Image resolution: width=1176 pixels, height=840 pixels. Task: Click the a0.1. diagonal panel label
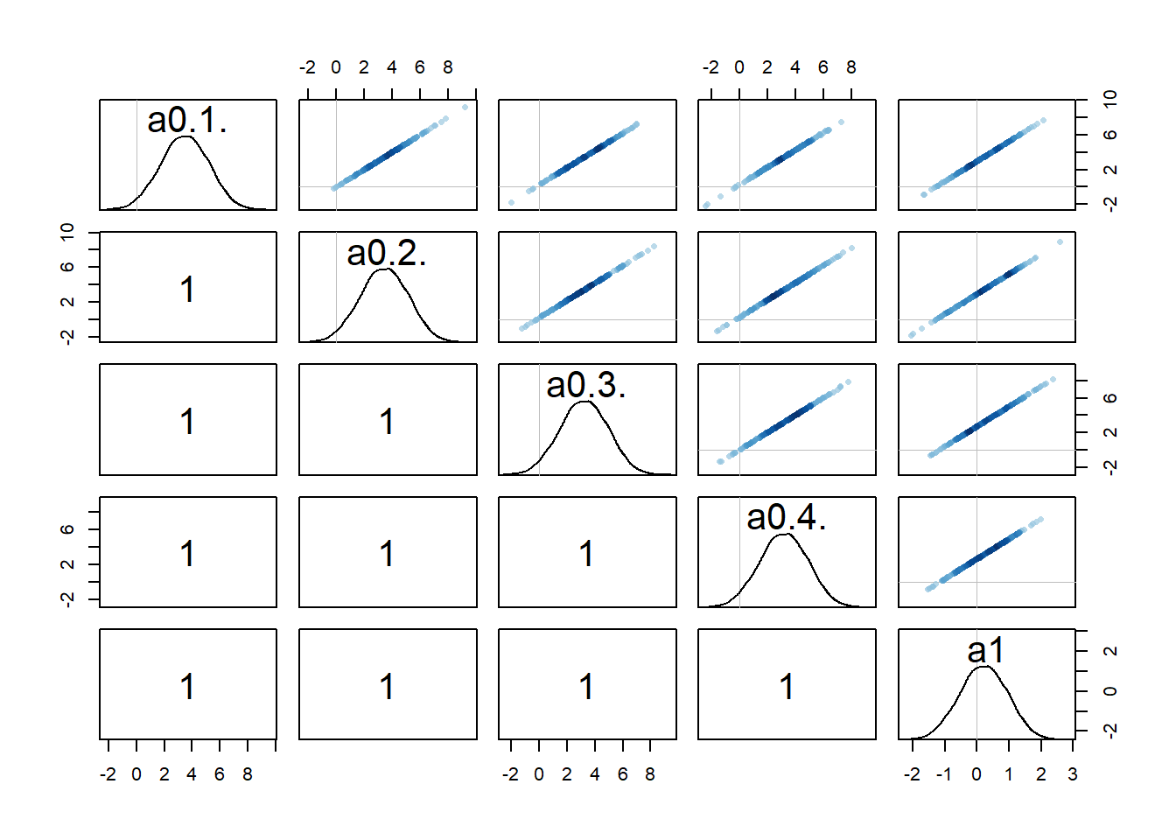point(187,121)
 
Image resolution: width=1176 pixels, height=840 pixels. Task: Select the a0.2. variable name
point(387,254)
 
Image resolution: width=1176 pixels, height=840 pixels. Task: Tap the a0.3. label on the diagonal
point(586,386)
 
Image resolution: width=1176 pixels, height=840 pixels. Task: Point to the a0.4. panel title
point(787,518)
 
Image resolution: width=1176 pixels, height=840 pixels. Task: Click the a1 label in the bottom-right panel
point(986,650)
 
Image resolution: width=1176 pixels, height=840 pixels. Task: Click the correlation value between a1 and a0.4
point(787,686)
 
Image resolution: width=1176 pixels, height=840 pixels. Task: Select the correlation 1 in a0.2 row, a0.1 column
point(187,290)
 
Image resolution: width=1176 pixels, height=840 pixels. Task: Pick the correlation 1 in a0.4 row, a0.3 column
point(586,554)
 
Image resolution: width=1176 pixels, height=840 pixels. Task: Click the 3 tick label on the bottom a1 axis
point(1073,774)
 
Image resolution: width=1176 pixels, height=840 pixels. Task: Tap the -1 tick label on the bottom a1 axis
point(944,774)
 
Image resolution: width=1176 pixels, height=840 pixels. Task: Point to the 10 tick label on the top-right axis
point(1110,99)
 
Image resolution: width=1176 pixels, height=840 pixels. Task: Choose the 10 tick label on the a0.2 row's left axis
point(67,232)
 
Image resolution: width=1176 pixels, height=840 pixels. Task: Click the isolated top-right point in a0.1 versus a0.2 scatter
point(465,108)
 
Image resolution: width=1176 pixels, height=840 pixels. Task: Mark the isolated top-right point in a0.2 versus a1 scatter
point(1060,242)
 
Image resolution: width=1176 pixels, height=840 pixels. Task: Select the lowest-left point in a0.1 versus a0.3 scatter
point(511,203)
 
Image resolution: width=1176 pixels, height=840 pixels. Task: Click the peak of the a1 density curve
point(983,667)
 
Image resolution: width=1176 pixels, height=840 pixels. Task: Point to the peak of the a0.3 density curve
point(584,402)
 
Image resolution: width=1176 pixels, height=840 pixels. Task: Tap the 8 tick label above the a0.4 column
point(851,67)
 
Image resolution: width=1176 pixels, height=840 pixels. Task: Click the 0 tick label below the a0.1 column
point(136,774)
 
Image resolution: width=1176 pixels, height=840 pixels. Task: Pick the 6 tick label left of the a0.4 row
point(67,529)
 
